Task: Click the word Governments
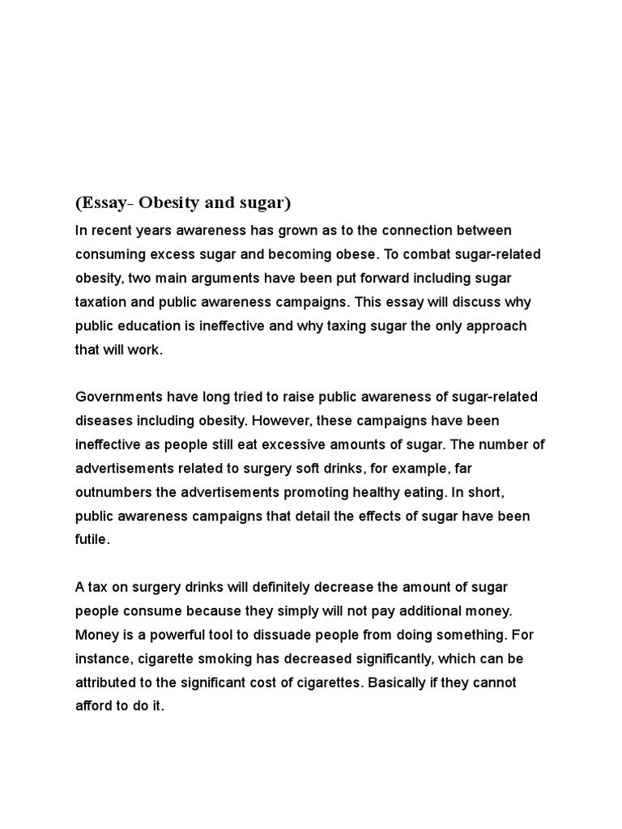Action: click(119, 397)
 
